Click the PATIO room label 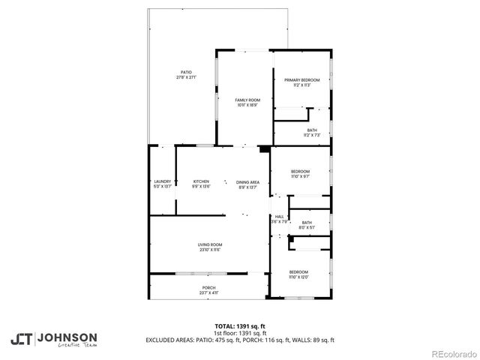186,72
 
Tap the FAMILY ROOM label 247,100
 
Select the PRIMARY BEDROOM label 301,79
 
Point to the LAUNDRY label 162,181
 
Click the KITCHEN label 201,181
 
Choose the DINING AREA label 247,182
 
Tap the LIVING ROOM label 210,244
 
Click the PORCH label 208,288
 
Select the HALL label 279,217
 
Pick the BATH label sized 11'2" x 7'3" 311,130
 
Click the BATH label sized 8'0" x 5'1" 307,222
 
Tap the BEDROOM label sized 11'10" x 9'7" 300,172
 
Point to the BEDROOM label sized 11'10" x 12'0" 298,271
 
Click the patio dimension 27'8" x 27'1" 186,77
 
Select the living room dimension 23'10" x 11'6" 210,250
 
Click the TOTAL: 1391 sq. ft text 240,326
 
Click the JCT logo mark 21,339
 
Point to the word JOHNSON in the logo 67,337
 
